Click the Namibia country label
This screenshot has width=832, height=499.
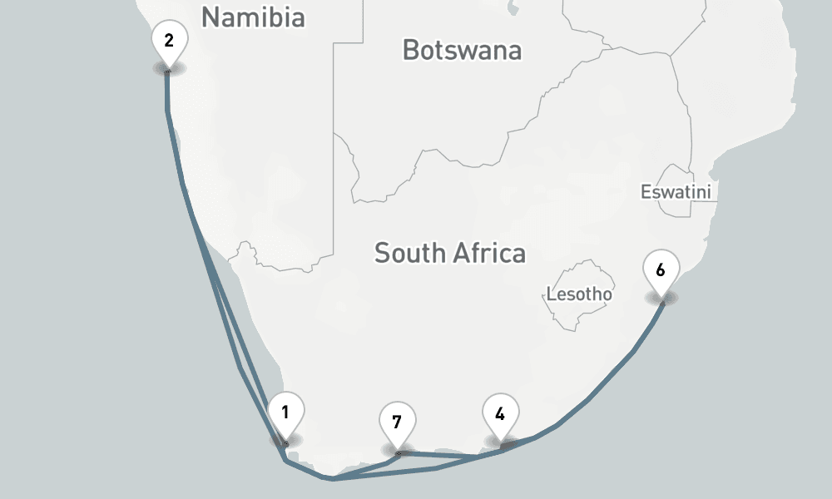click(253, 17)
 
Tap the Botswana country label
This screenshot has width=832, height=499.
click(462, 50)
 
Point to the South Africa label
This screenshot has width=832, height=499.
click(449, 253)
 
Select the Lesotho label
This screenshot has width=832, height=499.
click(579, 294)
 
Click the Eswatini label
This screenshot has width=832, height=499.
click(676, 192)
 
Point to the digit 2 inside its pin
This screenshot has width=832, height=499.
click(169, 39)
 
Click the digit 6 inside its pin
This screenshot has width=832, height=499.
click(661, 270)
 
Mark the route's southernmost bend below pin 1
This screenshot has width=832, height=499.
click(331, 479)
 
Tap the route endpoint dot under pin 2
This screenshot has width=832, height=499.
click(168, 72)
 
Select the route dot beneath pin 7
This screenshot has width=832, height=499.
click(399, 453)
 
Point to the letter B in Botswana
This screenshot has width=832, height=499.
click(410, 50)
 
